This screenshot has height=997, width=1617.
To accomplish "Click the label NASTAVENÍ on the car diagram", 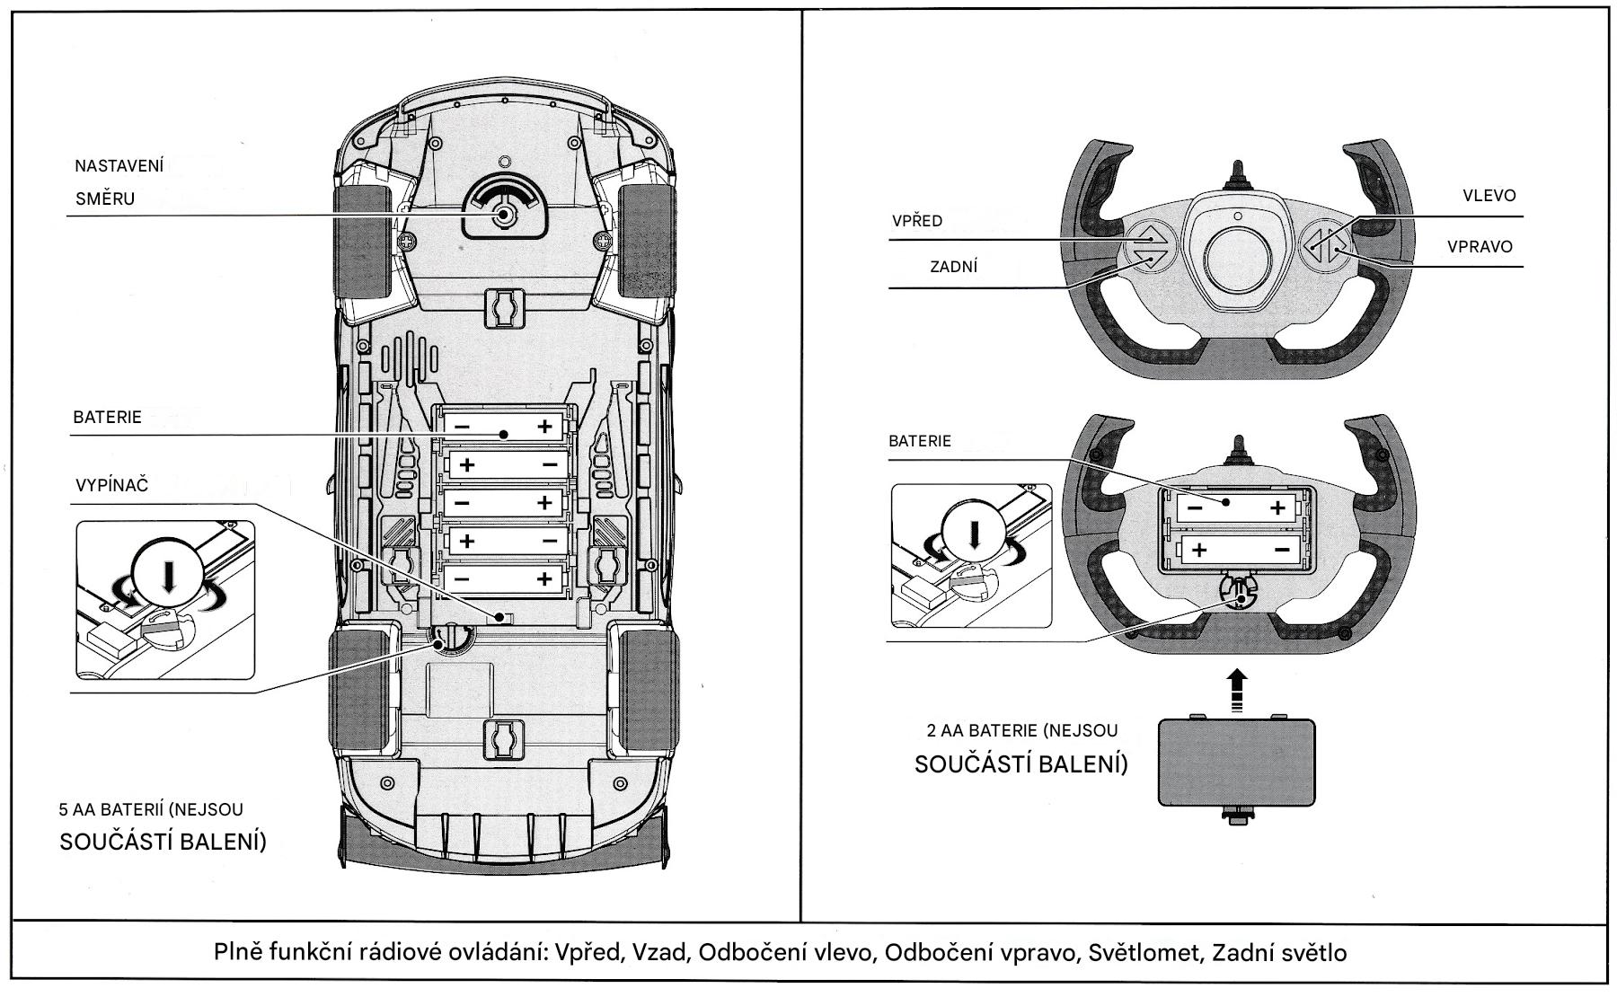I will (x=119, y=166).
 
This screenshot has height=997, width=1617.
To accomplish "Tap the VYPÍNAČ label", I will (x=111, y=486).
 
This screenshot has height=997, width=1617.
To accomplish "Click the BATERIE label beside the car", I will (x=107, y=418).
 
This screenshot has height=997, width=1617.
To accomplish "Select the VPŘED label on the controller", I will (x=917, y=221).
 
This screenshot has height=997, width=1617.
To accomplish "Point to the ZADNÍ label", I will (x=953, y=267).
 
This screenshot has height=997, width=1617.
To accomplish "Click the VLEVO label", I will (x=1489, y=196).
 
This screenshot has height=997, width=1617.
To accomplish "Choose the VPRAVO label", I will (x=1480, y=247).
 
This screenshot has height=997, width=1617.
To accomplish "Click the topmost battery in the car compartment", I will (x=503, y=426).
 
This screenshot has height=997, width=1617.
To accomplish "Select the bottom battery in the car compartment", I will (x=503, y=579).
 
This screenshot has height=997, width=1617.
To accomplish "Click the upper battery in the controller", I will (x=1236, y=507).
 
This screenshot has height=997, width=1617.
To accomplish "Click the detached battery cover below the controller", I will (x=1237, y=761).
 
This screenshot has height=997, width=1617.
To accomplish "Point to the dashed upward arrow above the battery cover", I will (x=1237, y=688).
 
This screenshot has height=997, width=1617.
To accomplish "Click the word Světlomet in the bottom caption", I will (x=1144, y=952).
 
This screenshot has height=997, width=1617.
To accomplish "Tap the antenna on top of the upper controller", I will (x=1237, y=174).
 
